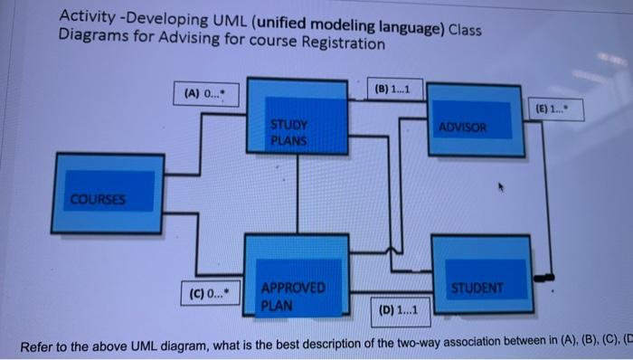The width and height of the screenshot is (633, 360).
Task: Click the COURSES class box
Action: pos(109,192)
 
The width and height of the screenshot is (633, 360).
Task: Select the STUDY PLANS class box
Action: pos(298,118)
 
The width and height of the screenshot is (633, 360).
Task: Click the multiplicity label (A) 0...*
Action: pos(207,93)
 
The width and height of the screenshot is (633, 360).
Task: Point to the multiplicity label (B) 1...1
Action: pos(394,90)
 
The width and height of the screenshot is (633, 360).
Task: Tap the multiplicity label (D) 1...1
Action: pos(399,310)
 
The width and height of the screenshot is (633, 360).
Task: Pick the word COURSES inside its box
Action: pos(99,198)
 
